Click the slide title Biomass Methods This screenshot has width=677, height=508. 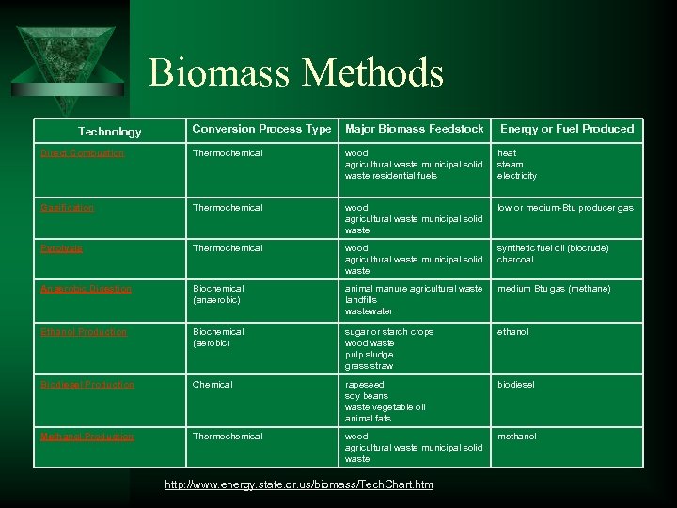[x=295, y=73]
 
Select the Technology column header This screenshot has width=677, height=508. [x=109, y=132]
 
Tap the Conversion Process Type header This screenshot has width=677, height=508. [x=261, y=129]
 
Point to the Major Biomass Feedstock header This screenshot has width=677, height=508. [x=415, y=129]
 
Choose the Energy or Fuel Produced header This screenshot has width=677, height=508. [x=567, y=129]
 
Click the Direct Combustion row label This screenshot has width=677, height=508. [x=83, y=153]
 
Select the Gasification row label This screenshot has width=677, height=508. [x=68, y=208]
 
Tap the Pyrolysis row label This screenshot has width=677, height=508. [x=62, y=248]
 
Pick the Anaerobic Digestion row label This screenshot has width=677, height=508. [x=86, y=289]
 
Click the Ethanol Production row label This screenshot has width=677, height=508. [x=84, y=332]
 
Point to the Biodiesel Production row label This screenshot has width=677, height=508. [x=87, y=385]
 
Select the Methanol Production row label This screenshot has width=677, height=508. [x=87, y=437]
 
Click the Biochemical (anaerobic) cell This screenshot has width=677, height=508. [x=218, y=294]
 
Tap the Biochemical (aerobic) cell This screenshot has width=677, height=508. [x=218, y=338]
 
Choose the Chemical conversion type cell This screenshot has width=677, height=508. [x=213, y=385]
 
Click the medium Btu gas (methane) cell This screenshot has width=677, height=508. [x=553, y=289]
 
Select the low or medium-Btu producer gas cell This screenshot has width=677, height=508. [x=565, y=208]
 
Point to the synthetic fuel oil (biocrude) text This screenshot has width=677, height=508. [x=553, y=248]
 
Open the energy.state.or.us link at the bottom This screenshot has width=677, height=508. [x=299, y=484]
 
